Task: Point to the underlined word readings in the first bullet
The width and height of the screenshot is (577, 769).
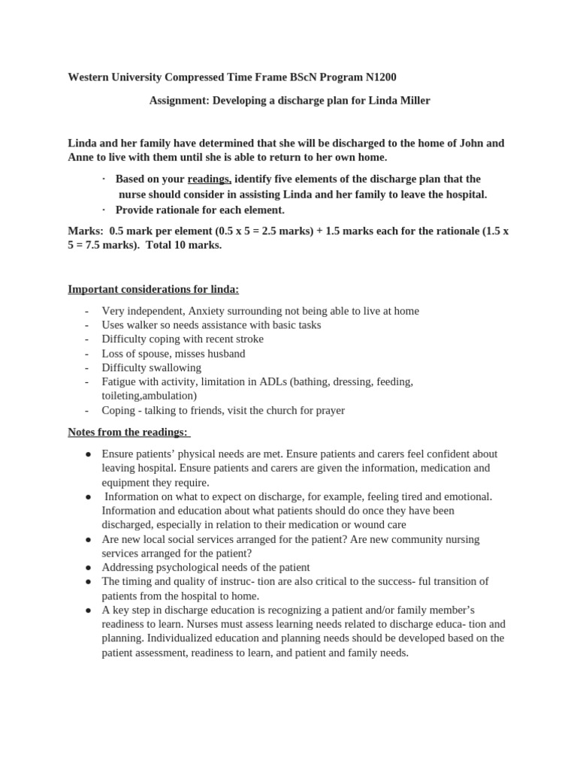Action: pyautogui.click(x=209, y=179)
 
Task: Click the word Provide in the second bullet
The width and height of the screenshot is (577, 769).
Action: pyautogui.click(x=135, y=210)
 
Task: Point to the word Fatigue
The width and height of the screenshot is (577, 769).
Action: pyautogui.click(x=119, y=381)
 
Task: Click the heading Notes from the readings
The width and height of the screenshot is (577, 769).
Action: pyautogui.click(x=128, y=432)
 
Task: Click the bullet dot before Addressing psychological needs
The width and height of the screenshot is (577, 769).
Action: pyautogui.click(x=88, y=568)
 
